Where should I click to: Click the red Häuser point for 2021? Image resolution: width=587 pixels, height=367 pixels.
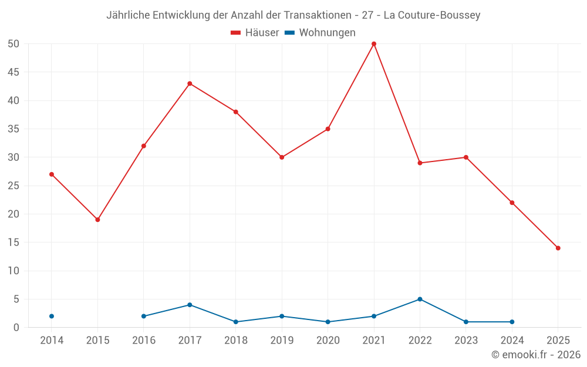(374, 44)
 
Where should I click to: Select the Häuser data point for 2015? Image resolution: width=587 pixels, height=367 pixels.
(97, 220)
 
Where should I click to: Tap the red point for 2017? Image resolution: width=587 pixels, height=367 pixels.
(190, 83)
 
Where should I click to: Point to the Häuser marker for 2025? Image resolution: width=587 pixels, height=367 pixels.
(558, 248)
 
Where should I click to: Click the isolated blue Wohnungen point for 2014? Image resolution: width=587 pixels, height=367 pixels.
(52, 316)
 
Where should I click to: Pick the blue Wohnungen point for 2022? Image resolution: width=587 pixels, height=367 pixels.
(420, 299)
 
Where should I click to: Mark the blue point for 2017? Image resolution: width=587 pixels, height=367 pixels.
(190, 305)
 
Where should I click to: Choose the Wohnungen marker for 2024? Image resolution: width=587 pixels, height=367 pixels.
(512, 322)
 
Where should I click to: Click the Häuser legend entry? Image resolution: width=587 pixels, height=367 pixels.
(255, 33)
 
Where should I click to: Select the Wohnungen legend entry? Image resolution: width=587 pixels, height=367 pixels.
(320, 33)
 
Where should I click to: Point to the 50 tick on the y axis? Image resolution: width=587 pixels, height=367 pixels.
(14, 44)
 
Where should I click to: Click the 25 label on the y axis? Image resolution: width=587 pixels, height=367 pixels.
(14, 186)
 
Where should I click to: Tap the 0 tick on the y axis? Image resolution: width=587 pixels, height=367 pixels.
(16, 328)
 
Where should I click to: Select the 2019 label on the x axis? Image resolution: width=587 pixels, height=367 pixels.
(282, 341)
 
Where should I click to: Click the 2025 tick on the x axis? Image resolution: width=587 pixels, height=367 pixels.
(558, 341)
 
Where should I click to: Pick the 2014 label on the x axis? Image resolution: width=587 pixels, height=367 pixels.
(52, 341)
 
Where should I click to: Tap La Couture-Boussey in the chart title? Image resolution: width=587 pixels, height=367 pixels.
(432, 15)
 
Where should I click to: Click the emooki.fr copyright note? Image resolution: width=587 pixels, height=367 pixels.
(535, 355)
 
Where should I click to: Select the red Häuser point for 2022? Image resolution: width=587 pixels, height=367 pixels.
(420, 163)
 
